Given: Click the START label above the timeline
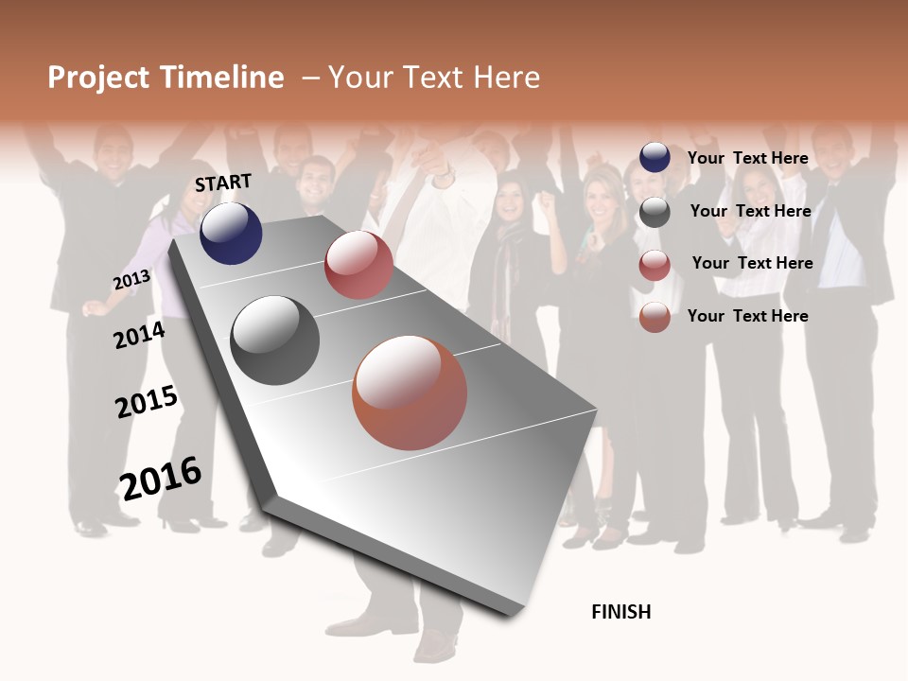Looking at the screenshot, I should (223, 183).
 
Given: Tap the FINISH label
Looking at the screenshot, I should (621, 612).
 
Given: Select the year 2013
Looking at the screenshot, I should (131, 280).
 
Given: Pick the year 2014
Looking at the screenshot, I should (139, 335).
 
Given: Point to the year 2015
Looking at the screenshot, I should (147, 403).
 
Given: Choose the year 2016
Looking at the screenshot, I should (161, 479).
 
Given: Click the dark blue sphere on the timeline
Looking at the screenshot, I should (231, 233).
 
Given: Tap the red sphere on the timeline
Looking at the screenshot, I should (358, 265).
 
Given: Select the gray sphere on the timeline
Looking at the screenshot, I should (274, 340).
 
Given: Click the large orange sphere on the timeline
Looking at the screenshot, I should (410, 393).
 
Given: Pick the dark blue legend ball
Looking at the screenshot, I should (655, 157).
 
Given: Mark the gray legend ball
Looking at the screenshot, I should (655, 212).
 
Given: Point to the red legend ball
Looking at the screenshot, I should (655, 265).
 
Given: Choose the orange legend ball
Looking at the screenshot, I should (655, 318).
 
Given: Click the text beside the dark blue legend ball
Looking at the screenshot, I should (747, 158).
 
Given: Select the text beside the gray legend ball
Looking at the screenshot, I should (750, 211).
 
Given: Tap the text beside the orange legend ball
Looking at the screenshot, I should (747, 316).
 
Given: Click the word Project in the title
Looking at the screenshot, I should (97, 78).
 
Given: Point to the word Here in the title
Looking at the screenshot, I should (506, 78).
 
